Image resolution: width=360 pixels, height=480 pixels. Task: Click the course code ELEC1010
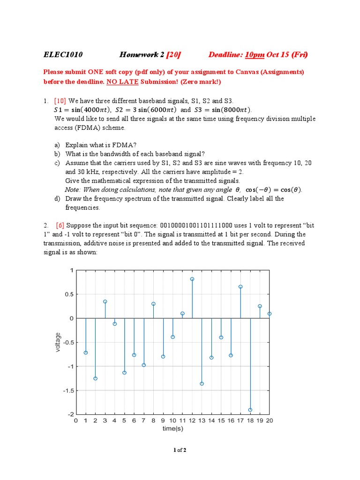point(63,55)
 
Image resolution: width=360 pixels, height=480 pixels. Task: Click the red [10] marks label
point(60,101)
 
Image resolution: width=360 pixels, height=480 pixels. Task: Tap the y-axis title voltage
point(58,342)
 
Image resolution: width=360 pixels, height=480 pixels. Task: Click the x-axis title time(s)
point(172,428)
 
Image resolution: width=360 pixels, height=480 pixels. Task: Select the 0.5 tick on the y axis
point(68,294)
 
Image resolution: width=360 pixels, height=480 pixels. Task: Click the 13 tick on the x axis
point(202,420)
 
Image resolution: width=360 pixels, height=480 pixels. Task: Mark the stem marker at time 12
point(192,279)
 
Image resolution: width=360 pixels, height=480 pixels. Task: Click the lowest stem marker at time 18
point(250,410)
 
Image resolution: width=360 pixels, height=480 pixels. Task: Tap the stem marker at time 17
point(240,286)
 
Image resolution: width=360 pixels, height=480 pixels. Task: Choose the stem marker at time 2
point(95,378)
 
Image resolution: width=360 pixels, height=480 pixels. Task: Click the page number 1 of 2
point(180,450)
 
